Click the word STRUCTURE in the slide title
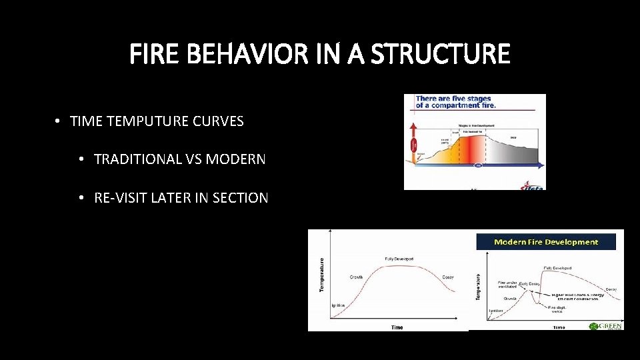tap(441, 54)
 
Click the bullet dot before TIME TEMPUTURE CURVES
tap(59, 121)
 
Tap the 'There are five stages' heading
tap(453, 99)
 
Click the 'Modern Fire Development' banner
tap(546, 242)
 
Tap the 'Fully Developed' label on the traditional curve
tap(399, 259)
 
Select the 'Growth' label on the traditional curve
tap(356, 277)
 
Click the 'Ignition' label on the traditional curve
tap(338, 305)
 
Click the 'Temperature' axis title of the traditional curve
tap(322, 275)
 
